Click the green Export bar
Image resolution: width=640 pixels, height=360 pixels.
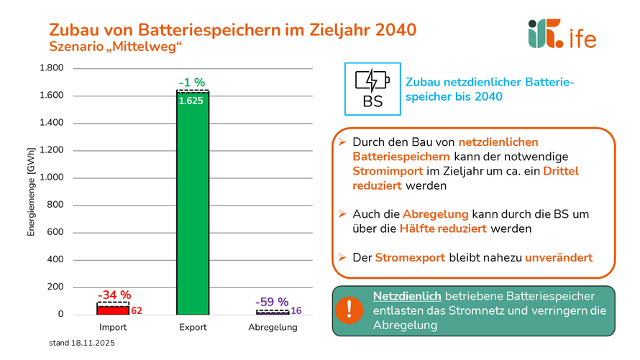click(x=193, y=208)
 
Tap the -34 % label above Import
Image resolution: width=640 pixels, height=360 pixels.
click(x=114, y=295)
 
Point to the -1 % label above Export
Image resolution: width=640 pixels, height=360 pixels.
click(x=193, y=82)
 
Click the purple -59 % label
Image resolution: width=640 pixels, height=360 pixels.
click(x=272, y=302)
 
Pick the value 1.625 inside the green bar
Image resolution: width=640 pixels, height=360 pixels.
click(x=191, y=101)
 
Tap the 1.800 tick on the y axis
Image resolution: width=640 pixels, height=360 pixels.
click(x=52, y=68)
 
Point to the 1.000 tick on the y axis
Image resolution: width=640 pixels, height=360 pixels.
click(x=52, y=177)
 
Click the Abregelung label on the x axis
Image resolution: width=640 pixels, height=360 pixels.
click(x=273, y=328)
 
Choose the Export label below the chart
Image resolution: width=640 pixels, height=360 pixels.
click(x=193, y=328)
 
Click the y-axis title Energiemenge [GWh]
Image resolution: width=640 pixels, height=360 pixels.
click(x=31, y=191)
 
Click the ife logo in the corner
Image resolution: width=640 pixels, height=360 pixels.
click(x=562, y=34)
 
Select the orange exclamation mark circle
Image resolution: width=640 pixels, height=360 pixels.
click(x=349, y=310)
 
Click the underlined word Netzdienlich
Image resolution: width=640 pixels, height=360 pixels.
click(x=406, y=296)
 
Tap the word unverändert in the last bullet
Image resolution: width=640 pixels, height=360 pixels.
click(x=559, y=257)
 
